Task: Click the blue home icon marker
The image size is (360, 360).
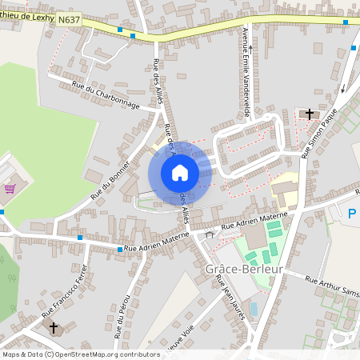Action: [x=180, y=172]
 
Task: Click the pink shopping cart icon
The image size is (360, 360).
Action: [x=10, y=189]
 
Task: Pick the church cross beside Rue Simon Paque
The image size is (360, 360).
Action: [x=310, y=114]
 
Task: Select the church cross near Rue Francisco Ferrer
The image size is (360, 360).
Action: [x=54, y=327]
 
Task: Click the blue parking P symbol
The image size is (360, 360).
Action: [x=352, y=214]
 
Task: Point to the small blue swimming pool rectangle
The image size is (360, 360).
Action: [x=254, y=308]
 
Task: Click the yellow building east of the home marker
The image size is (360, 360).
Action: [x=284, y=192]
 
